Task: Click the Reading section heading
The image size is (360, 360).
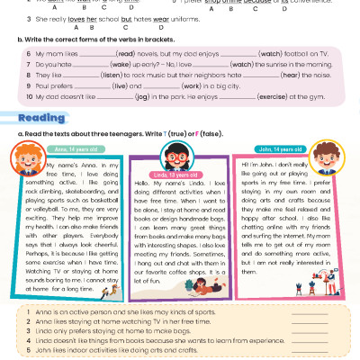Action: click(x=42, y=117)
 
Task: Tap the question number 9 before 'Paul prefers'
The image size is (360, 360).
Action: click(x=30, y=86)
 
